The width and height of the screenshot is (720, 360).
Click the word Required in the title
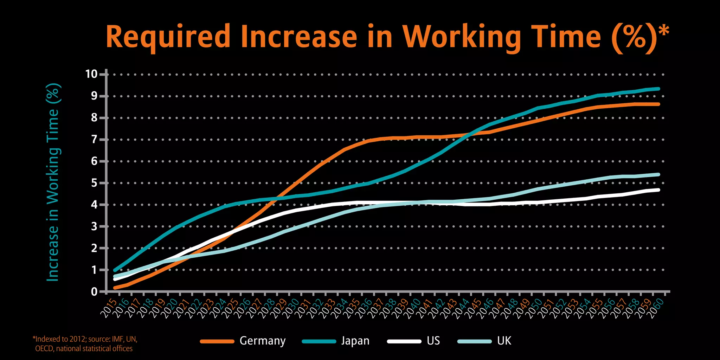(168, 37)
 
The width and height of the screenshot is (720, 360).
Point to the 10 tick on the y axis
(91, 74)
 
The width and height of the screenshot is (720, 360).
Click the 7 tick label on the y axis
(94, 140)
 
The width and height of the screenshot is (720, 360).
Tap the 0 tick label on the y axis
(94, 291)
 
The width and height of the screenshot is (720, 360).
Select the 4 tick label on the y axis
(94, 205)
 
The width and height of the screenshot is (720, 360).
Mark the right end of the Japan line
(658, 89)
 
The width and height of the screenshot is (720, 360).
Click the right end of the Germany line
(658, 104)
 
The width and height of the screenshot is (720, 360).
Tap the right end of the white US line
(658, 190)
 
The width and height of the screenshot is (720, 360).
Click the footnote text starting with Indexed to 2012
(84, 343)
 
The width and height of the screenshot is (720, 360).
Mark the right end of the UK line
(658, 174)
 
